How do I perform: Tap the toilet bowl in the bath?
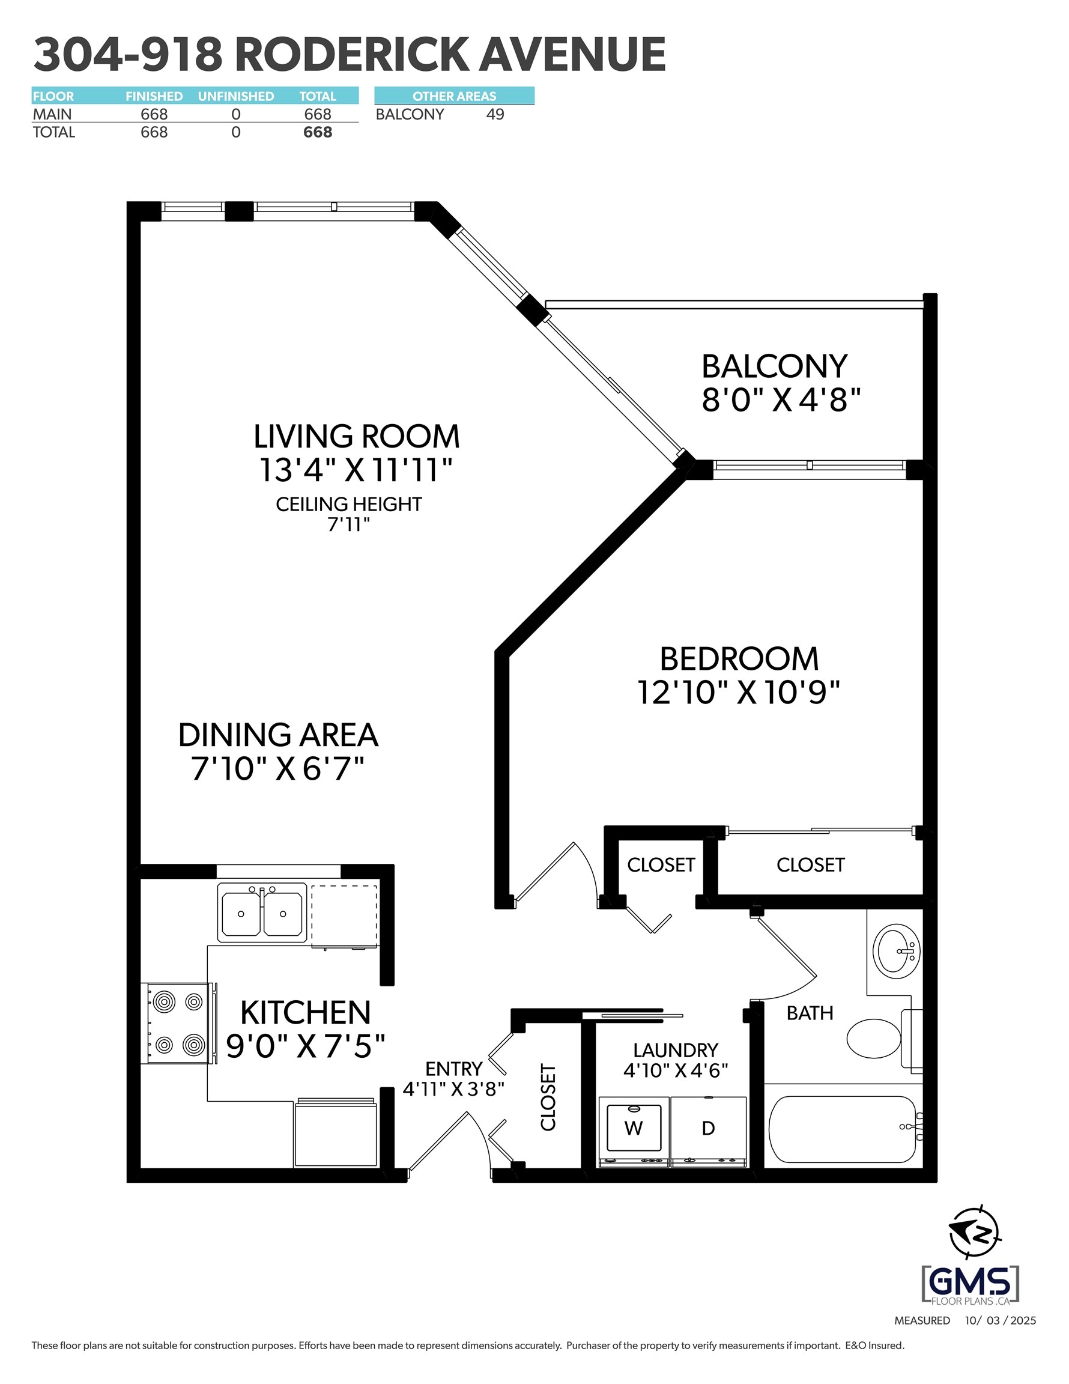pos(874,1038)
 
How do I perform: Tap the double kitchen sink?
pos(262,913)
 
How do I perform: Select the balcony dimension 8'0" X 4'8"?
pos(781,400)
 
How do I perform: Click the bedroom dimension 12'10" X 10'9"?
pos(738,692)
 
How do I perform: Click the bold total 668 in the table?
pos(318,132)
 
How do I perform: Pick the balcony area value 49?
pos(495,114)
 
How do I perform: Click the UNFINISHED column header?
pos(236,96)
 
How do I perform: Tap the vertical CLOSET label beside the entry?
pos(548,1097)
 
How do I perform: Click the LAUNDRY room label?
pos(676,1050)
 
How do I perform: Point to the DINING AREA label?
pos(278,735)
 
